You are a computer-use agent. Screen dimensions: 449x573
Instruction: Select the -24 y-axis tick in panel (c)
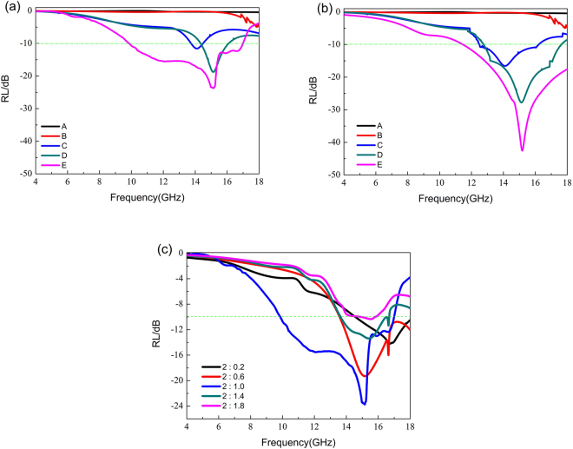(175, 406)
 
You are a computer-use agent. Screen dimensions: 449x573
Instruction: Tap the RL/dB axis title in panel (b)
(313, 92)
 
